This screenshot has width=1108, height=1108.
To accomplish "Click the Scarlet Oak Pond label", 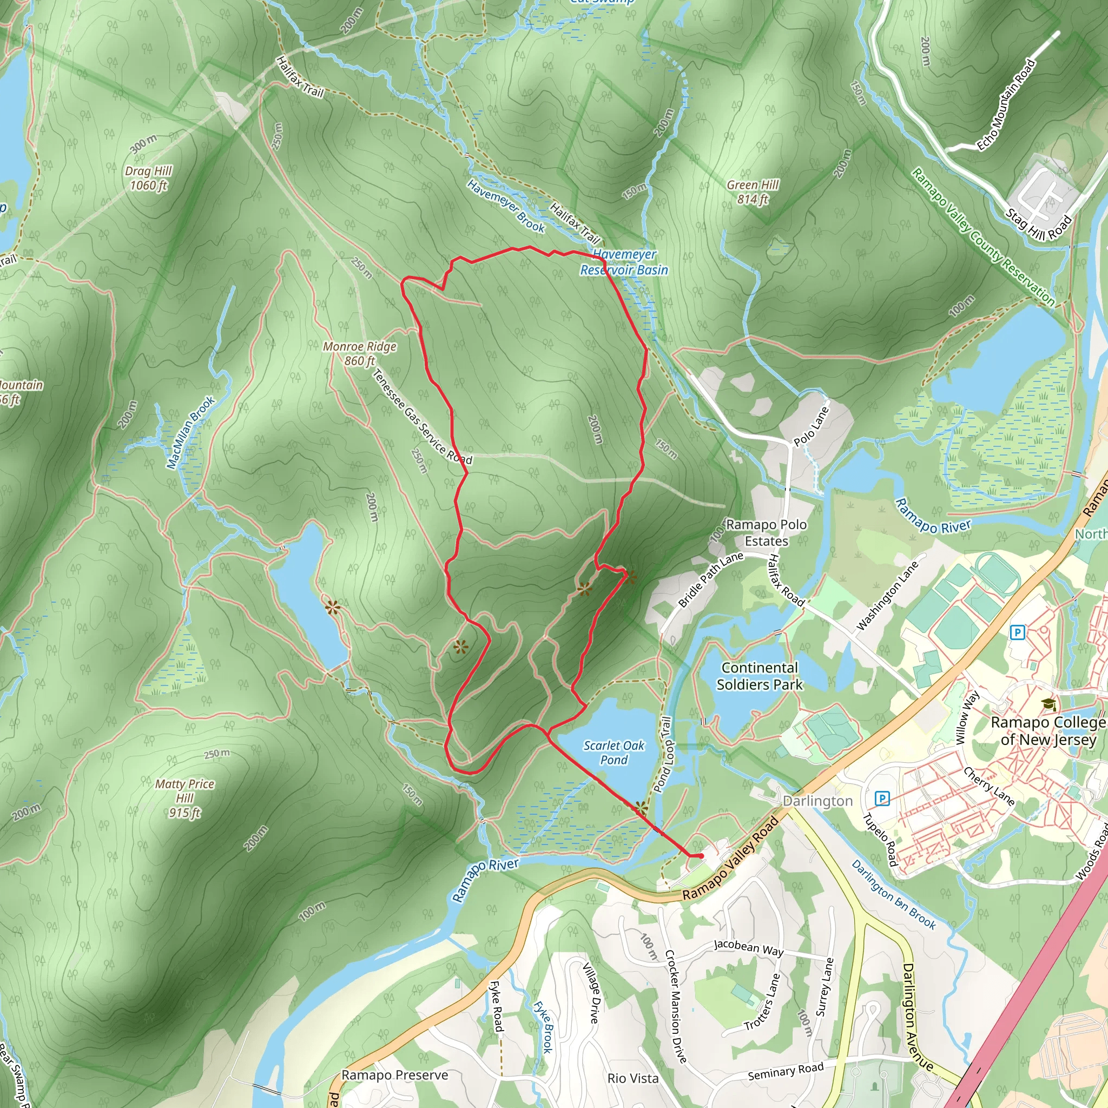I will [614, 753].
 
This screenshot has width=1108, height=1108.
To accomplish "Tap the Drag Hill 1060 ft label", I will [149, 179].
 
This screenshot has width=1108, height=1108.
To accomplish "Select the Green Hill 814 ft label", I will [753, 192].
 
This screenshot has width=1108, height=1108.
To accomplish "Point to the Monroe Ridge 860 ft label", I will [360, 353].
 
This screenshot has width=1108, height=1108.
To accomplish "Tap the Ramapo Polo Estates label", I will [766, 532].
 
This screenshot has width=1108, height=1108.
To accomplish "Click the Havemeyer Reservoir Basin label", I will [624, 262].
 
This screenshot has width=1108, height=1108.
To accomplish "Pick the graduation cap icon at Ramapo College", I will [1048, 704].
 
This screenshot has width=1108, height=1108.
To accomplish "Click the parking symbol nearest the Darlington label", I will [882, 798].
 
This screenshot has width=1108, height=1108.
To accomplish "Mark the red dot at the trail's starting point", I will [701, 856].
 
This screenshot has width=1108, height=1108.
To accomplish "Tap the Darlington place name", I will [818, 801].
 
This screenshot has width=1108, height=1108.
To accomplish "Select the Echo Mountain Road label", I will [1006, 105].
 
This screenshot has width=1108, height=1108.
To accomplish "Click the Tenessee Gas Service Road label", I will [423, 417].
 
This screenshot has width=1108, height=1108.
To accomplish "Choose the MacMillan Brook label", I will [191, 432].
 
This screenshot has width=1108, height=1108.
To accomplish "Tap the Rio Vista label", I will [632, 1078].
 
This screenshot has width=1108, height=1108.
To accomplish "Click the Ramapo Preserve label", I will [394, 1075].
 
